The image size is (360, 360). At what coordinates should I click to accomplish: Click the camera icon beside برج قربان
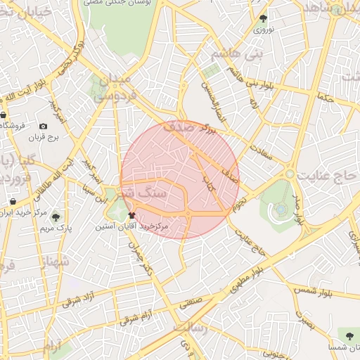(x=44, y=126)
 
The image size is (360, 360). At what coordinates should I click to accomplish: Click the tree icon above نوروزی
(x=264, y=19)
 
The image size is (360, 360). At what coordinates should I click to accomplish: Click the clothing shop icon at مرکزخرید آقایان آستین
(x=132, y=214)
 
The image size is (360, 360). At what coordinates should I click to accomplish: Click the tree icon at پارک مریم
(x=56, y=217)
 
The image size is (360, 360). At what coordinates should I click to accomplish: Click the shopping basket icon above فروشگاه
(x=4, y=115)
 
